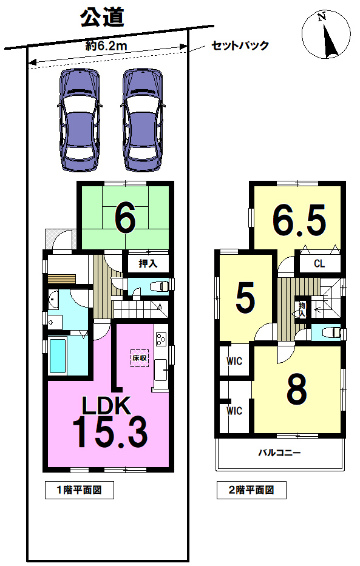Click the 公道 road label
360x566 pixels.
tap(102, 18)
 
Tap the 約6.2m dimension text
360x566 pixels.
tap(106, 46)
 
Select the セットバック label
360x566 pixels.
tap(240, 45)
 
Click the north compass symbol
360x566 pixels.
tap(326, 35)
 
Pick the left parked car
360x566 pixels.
tap(79, 120)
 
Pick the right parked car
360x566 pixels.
tap(142, 120)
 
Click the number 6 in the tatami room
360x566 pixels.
tap(125, 218)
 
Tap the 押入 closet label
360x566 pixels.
tap(148, 263)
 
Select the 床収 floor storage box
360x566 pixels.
tap(140, 358)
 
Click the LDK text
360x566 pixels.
tap(106, 405)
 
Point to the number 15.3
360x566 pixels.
tap(110, 431)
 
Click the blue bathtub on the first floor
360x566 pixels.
tap(58, 355)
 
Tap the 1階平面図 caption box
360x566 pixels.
tap(80, 490)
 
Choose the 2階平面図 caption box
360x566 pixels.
tap(251, 490)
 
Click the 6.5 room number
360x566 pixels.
tap(299, 220)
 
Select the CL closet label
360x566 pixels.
tap(319, 263)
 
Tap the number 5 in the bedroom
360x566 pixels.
tap(245, 298)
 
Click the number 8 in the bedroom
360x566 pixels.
tap(297, 388)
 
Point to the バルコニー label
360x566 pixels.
tap(279, 453)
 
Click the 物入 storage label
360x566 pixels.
tap(302, 310)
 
